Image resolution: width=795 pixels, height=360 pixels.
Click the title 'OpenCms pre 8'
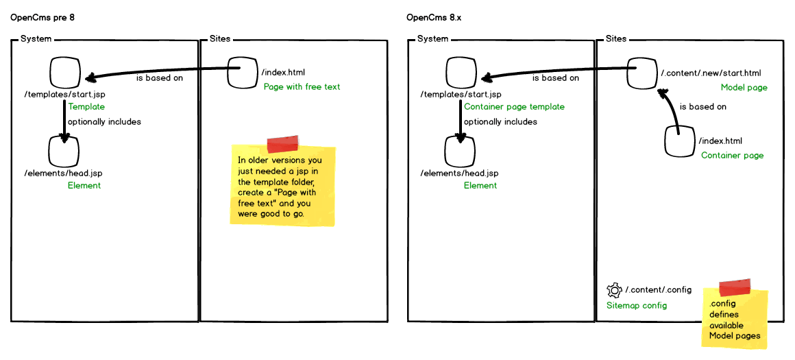[x=42, y=17]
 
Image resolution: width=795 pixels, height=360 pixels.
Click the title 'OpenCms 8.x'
[x=435, y=17]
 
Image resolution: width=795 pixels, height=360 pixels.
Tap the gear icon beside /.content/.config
[x=614, y=290]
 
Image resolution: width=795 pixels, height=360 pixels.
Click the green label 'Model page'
[x=744, y=88]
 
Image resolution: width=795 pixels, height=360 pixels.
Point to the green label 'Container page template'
[x=514, y=106]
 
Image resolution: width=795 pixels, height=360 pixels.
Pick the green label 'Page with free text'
[x=302, y=86]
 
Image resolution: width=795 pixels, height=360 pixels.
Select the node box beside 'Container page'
[x=681, y=141]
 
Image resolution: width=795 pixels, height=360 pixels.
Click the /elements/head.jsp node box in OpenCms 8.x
[x=461, y=150]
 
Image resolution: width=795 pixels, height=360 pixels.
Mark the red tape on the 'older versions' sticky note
[x=282, y=143]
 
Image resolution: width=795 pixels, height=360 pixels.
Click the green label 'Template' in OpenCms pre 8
[x=86, y=106]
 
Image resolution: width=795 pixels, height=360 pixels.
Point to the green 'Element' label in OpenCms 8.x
[x=480, y=185]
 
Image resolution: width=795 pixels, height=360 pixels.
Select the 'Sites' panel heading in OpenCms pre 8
[x=220, y=39]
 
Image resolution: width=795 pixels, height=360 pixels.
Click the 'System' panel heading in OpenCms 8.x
[x=432, y=39]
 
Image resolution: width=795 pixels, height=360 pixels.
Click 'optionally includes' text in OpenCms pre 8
[x=104, y=121]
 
